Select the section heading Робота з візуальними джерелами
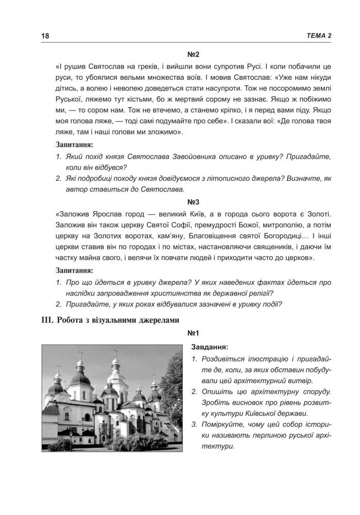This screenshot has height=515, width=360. (x=111, y=320)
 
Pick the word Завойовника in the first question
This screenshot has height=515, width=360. (x=196, y=155)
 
